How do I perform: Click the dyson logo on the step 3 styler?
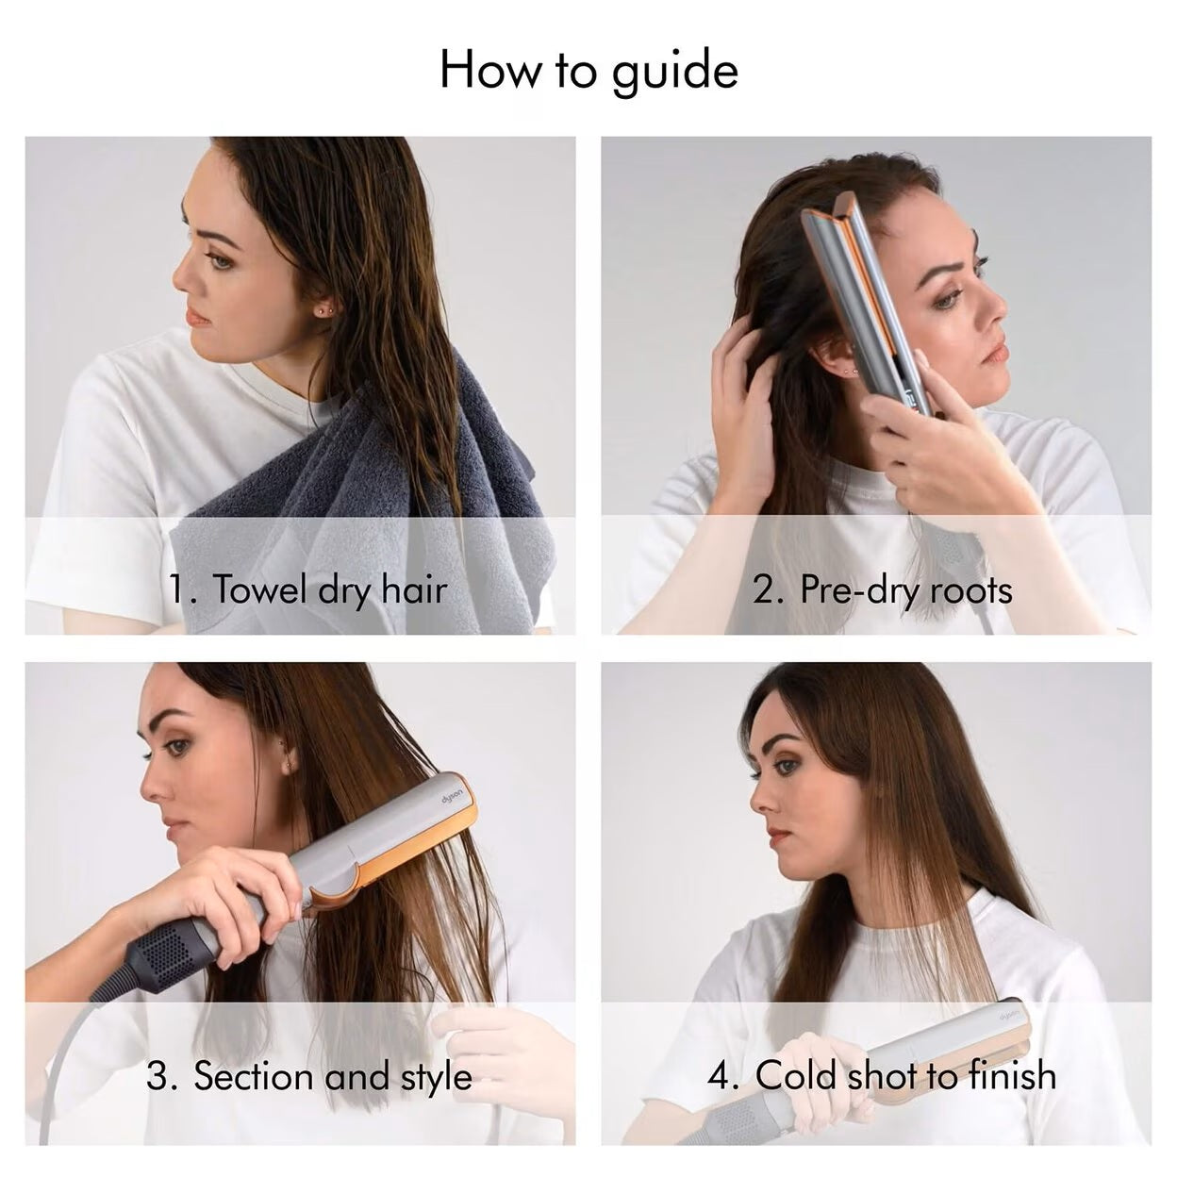pos(452,800)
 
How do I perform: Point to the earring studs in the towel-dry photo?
pos(323,310)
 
